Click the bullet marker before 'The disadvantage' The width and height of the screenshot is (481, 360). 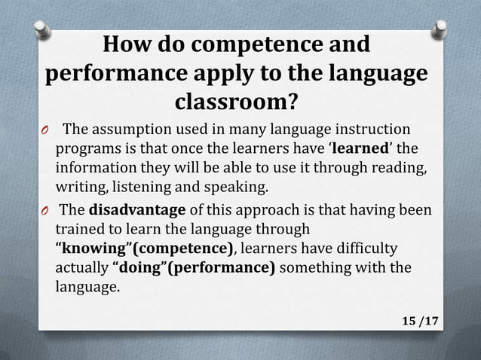pyautogui.click(x=45, y=211)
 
